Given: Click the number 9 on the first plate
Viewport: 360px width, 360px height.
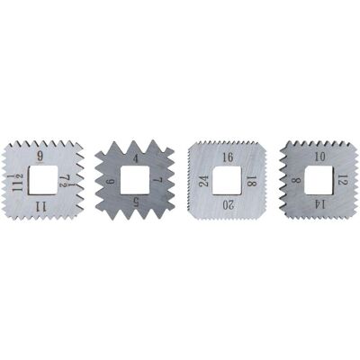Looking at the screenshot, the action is coord(40,156).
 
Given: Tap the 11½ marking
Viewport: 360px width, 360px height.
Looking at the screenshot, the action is coord(17,183).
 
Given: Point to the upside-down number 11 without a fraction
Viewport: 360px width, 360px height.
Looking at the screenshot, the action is coord(40,206).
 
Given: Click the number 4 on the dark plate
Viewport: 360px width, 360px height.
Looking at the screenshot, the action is coord(136,158).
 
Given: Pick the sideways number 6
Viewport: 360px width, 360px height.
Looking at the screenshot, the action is coord(111,182).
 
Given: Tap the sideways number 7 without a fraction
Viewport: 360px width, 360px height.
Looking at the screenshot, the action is coord(159,180).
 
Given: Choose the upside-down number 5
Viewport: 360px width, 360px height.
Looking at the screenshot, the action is coord(136,203).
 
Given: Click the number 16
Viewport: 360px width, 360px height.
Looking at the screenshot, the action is coord(228,157).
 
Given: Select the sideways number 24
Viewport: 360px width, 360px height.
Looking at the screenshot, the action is coord(204,182).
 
